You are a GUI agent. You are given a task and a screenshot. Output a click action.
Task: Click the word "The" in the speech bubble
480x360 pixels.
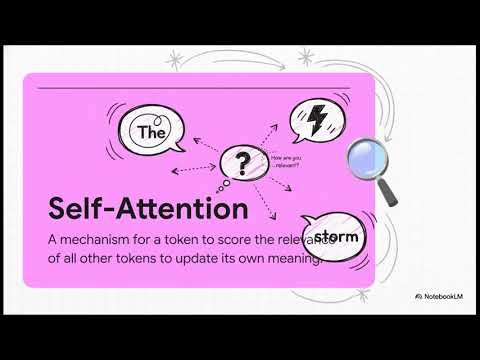150,131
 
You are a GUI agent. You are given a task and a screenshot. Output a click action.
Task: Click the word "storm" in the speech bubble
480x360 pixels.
334,237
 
